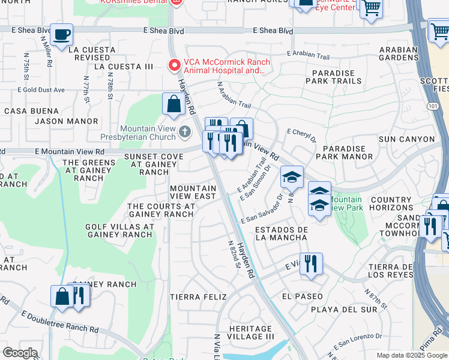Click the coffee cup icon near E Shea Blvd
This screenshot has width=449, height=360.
click(61, 35)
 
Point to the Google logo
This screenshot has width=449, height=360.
click(20, 353)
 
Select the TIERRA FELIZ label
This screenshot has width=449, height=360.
click(198, 297)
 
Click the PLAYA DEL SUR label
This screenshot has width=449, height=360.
click(345, 310)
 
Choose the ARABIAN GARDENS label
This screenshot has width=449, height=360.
click(399, 54)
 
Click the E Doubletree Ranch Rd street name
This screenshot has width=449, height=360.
click(59, 322)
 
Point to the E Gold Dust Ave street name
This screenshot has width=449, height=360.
click(41, 90)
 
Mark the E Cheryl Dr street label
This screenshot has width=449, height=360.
click(302, 135)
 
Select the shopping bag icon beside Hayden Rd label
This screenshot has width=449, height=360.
click(173, 103)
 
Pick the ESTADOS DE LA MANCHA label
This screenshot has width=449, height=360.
click(282, 234)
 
